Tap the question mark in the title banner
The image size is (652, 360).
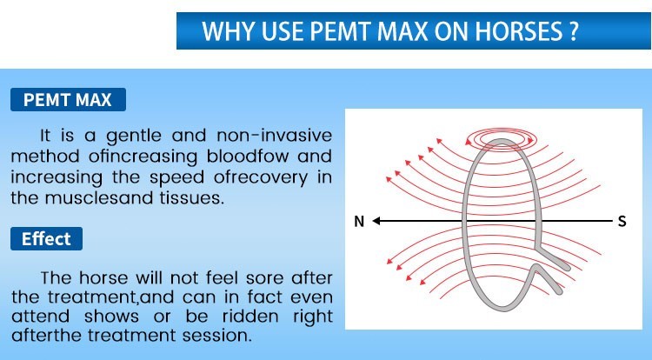click(x=574, y=30)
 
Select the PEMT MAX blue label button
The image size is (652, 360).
click(x=68, y=100)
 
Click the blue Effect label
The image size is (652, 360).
click(x=46, y=238)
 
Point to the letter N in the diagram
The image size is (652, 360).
click(x=359, y=222)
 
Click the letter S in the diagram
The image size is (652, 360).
click(x=622, y=221)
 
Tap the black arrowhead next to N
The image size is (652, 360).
click(x=376, y=221)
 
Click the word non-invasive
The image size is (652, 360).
click(x=275, y=136)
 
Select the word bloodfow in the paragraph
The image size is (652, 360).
click(x=248, y=157)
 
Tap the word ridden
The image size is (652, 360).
click(x=250, y=317)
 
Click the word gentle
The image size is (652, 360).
click(x=134, y=137)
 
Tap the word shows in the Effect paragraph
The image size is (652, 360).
click(x=111, y=317)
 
